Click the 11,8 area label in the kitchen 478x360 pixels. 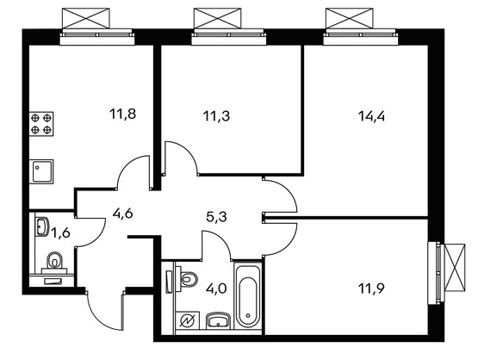[x=122, y=115]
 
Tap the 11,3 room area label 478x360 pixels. [x=216, y=116]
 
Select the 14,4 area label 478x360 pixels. [x=371, y=116]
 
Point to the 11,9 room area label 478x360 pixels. [x=371, y=288]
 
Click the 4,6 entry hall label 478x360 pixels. [x=122, y=214]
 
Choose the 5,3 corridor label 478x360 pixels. [x=216, y=217]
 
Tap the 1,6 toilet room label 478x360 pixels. [x=60, y=233]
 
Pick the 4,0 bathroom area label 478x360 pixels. [x=216, y=288]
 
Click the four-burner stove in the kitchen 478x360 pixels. [x=41, y=124]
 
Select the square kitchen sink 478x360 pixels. [x=41, y=171]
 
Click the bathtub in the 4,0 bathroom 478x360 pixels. [x=248, y=296]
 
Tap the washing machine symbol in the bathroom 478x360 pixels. [x=188, y=320]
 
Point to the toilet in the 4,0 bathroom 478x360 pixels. [x=187, y=278]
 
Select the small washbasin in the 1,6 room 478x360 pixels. [x=41, y=227]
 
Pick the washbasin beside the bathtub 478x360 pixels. [x=218, y=320]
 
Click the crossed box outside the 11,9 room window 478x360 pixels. [x=455, y=268]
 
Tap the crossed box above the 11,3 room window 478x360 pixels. [x=218, y=18]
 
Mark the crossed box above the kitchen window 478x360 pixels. [x=85, y=18]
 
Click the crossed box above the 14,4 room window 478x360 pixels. [x=350, y=18]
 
